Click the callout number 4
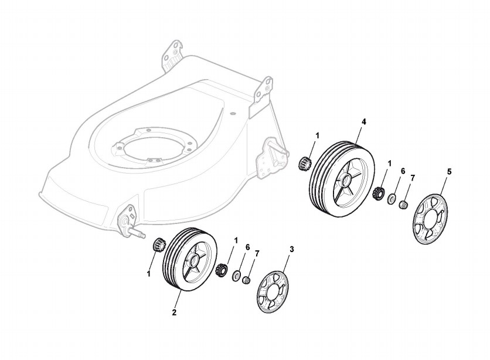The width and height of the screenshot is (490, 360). (x=364, y=121)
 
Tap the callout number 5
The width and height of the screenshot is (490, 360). (x=449, y=172)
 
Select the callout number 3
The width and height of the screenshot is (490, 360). (x=292, y=249)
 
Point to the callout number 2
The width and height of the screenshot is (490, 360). (x=174, y=313)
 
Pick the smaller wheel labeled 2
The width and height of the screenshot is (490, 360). (x=189, y=259)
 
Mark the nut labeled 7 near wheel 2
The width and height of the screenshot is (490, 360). (x=247, y=280)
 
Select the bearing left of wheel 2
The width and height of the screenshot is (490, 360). (x=157, y=244)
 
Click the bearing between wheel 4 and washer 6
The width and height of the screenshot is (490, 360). (x=379, y=192)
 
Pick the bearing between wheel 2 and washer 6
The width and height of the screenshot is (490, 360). (x=222, y=271)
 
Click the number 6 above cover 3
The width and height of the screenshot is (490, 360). (x=247, y=247)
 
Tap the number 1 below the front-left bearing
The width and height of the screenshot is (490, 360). (x=148, y=273)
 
